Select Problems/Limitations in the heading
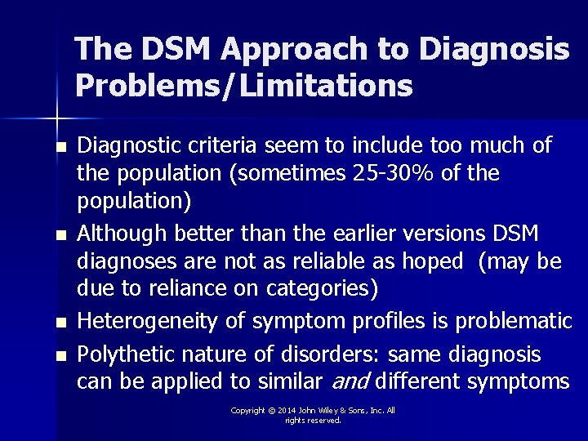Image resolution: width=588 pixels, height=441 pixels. [x=243, y=84]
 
